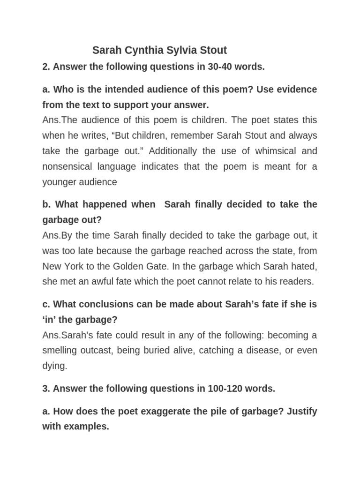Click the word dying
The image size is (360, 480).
[54, 366]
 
